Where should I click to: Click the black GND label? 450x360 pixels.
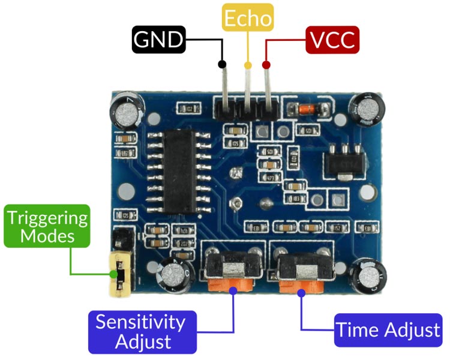pyautogui.click(x=158, y=40)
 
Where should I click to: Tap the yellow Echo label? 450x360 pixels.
pyautogui.click(x=247, y=19)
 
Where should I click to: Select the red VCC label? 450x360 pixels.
pyautogui.click(x=332, y=40)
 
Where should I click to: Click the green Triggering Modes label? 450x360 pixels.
pyautogui.click(x=47, y=226)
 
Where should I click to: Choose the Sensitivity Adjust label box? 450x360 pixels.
pyautogui.click(x=142, y=332)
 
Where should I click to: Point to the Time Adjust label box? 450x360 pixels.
pyautogui.click(x=388, y=330)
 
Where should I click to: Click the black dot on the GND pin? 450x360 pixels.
pyautogui.click(x=222, y=64)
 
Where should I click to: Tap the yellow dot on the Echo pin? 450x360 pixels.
pyautogui.click(x=247, y=65)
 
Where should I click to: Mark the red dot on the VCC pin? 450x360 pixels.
pyautogui.click(x=266, y=64)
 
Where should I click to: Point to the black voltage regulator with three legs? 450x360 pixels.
pyautogui.click(x=343, y=158)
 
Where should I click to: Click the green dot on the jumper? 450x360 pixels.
pyautogui.click(x=114, y=275)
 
